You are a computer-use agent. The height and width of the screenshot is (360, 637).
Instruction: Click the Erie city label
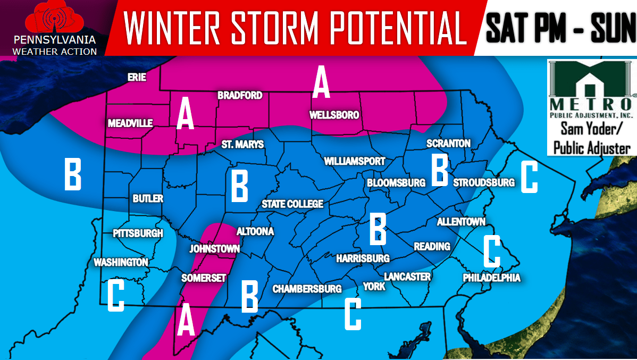click(137, 78)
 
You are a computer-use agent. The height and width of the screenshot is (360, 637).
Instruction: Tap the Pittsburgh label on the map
click(138, 233)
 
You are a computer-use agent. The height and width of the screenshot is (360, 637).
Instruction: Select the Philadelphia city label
click(491, 278)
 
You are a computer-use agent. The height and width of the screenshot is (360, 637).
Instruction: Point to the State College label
click(292, 205)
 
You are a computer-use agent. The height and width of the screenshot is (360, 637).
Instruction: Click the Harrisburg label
click(363, 258)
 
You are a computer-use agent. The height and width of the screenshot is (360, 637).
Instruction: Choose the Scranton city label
click(448, 144)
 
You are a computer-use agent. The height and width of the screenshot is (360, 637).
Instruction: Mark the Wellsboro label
click(334, 115)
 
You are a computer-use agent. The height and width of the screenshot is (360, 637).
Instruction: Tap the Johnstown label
click(214, 249)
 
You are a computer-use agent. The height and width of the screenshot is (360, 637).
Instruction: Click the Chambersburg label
click(307, 289)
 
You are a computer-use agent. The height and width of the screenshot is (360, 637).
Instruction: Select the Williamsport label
click(355, 161)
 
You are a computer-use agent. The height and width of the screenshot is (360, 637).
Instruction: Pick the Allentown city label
click(461, 222)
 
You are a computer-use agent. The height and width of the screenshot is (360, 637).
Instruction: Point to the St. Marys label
click(242, 145)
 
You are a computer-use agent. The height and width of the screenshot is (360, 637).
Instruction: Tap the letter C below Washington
click(115, 296)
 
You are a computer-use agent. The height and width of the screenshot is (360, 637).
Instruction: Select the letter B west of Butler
click(73, 174)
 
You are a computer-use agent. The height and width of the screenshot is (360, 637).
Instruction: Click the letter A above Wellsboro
click(321, 82)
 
